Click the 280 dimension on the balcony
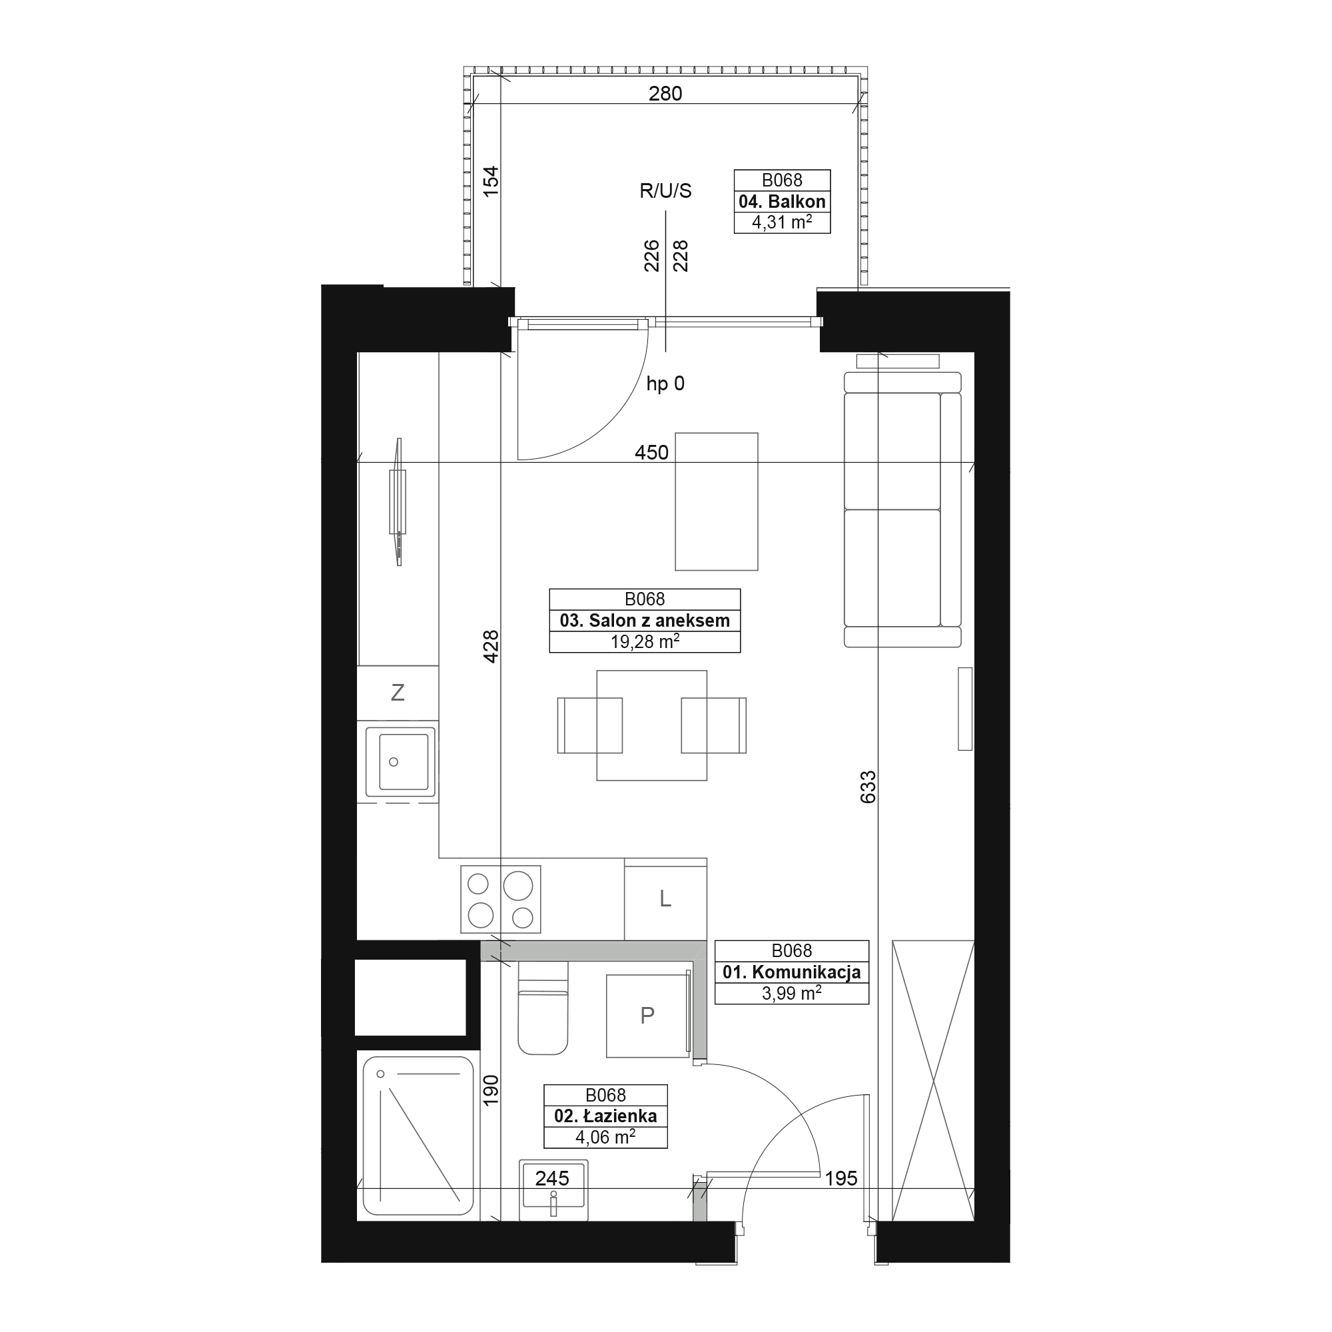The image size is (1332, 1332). (x=665, y=93)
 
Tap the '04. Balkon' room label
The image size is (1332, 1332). (x=782, y=201)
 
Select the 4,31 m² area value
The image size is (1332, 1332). (x=782, y=222)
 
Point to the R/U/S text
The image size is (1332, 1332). (x=665, y=191)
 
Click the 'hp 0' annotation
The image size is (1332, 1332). (x=665, y=384)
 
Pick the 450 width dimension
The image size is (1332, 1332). (x=651, y=452)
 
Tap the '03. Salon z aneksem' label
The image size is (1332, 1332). (x=645, y=621)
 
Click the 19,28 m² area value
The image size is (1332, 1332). (x=645, y=642)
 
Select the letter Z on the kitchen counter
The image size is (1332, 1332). (x=397, y=692)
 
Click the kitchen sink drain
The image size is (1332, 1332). (x=394, y=762)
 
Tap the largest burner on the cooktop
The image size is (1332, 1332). (x=517, y=886)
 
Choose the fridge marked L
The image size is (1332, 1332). (x=665, y=899)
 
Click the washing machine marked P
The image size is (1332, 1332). (x=647, y=1016)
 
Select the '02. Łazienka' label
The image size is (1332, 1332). (x=605, y=1116)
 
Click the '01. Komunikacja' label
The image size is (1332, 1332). (x=791, y=972)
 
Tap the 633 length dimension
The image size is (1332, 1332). (x=868, y=787)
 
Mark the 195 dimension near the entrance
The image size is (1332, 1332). (x=841, y=1178)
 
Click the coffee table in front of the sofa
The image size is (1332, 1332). (x=717, y=502)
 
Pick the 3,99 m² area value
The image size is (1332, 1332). (x=791, y=994)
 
